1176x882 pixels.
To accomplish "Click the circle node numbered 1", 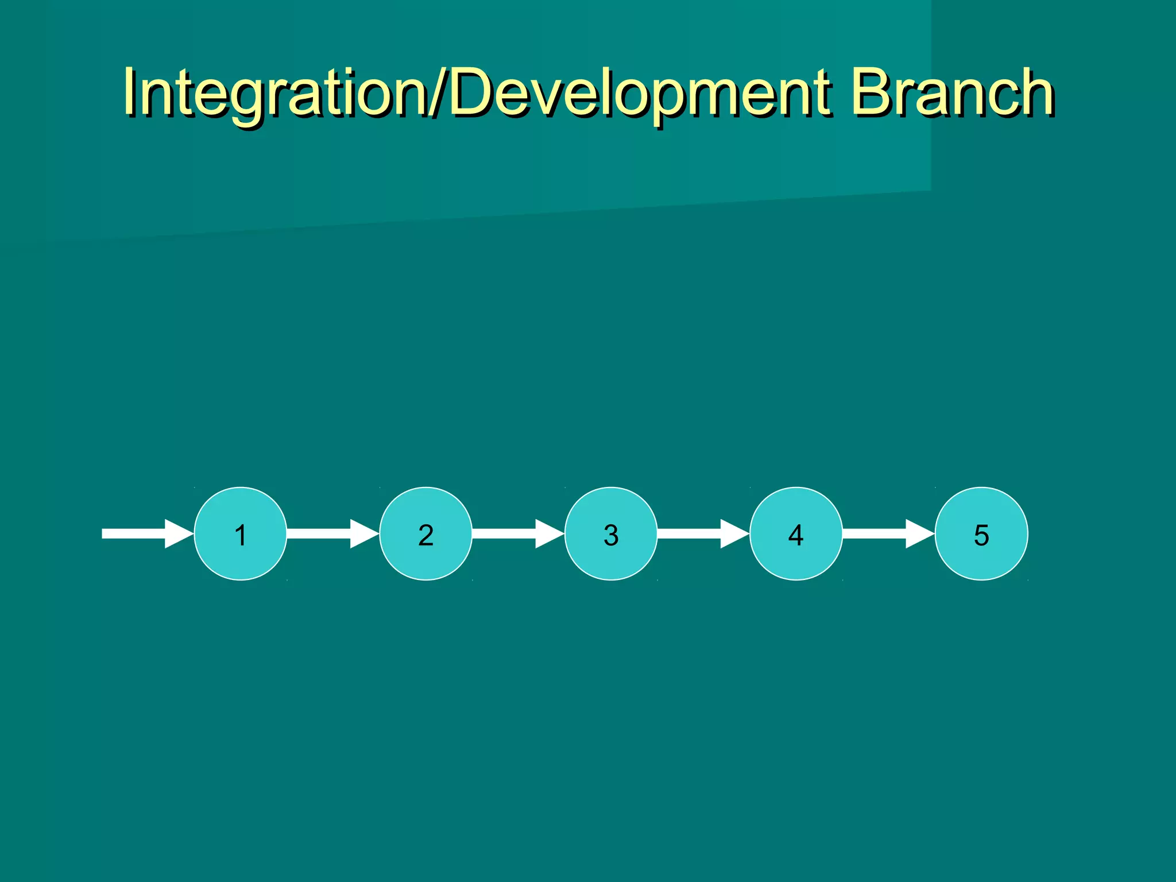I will pyautogui.click(x=241, y=533).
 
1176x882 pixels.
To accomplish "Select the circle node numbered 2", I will pyautogui.click(x=425, y=533).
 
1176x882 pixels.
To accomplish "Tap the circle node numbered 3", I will pyautogui.click(x=611, y=533).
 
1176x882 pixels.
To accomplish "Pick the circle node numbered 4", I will pyautogui.click(x=796, y=533).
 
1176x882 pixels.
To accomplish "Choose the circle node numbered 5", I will pyautogui.click(x=981, y=533).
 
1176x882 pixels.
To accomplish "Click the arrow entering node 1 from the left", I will pyautogui.click(x=144, y=533).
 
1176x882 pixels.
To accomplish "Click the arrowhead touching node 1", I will pyautogui.click(x=179, y=533).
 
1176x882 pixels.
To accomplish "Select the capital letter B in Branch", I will pyautogui.click(x=870, y=91).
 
